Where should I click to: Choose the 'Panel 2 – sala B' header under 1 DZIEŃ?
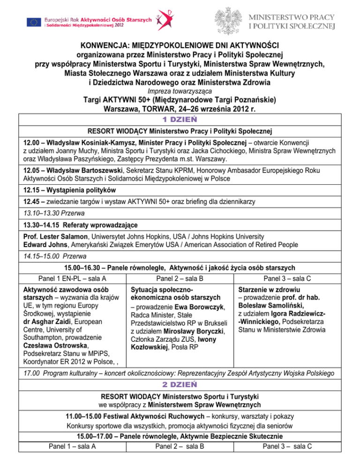pos(180,279)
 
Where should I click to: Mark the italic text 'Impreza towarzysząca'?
pos(180,90)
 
